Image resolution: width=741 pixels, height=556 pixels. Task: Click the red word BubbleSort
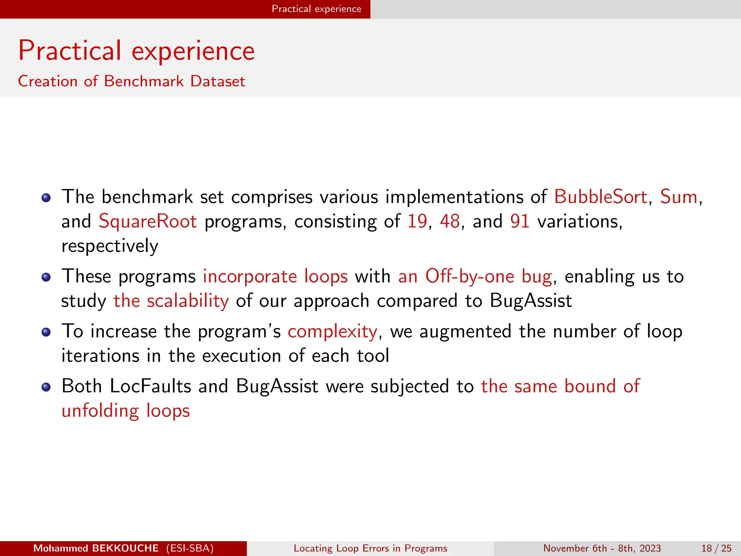600,197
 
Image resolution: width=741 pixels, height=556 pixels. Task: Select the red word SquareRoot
148,222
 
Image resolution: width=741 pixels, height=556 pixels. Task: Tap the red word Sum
678,197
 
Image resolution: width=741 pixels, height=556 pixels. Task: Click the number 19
417,222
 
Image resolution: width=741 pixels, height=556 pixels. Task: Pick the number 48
450,222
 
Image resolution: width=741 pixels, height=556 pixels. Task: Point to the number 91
520,222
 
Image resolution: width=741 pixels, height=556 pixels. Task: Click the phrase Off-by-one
470,277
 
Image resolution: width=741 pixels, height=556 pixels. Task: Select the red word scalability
188,301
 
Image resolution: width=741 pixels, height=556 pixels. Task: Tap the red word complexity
333,332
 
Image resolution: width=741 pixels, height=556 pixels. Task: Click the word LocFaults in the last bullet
150,386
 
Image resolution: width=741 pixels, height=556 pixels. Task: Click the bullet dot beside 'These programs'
46,278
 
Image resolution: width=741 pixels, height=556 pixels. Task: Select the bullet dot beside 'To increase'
46,332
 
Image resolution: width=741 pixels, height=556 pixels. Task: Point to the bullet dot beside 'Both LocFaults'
46,387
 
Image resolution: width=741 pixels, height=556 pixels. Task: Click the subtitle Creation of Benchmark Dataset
132,81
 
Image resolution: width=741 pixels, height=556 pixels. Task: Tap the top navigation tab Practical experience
316,9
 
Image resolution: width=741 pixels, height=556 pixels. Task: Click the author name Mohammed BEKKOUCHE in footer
96,548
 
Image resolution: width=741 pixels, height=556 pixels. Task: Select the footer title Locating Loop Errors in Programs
370,548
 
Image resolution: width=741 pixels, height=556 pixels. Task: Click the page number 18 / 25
716,548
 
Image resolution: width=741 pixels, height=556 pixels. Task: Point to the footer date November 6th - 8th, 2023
602,548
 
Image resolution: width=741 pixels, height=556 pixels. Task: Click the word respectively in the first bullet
110,247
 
